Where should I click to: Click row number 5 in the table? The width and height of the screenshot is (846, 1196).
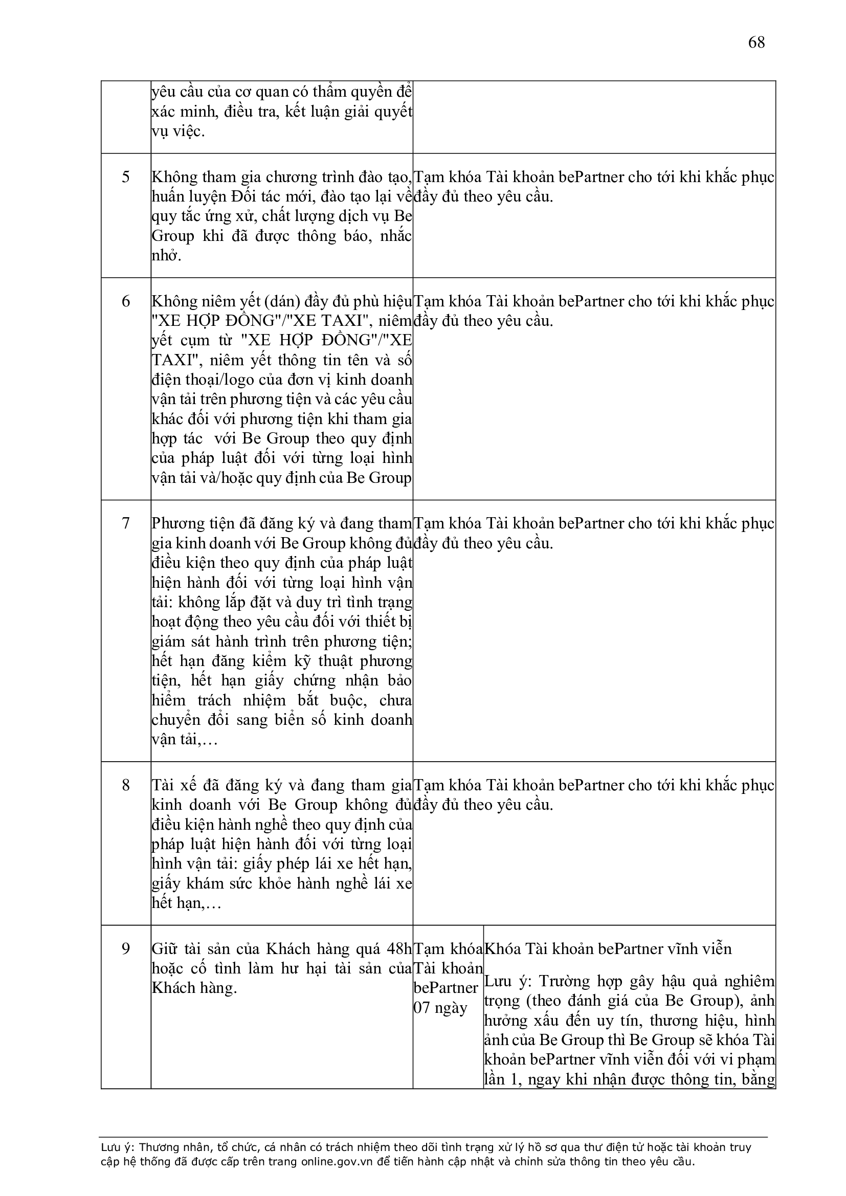tap(125, 177)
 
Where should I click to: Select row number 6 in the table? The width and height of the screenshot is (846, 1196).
tap(125, 302)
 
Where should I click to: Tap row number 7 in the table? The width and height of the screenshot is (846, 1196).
tap(125, 523)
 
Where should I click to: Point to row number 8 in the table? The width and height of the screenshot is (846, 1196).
tap(125, 785)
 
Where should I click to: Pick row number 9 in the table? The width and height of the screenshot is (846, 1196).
tap(125, 949)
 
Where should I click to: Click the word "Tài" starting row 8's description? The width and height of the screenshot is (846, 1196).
tap(164, 786)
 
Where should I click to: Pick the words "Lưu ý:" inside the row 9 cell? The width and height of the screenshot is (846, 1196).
tap(508, 981)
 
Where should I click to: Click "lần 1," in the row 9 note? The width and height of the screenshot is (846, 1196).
tap(503, 1079)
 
